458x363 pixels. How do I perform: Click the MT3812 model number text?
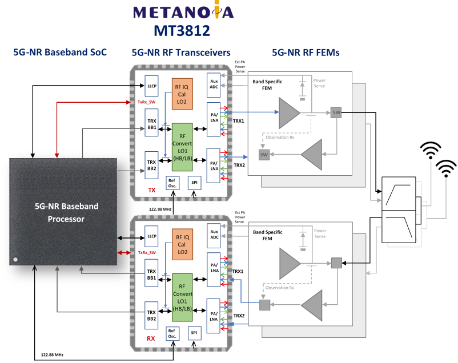coord(182,30)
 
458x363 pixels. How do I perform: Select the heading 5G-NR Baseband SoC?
coord(60,53)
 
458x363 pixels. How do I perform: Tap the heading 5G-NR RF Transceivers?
coord(180,53)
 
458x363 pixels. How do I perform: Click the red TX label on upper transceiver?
coord(151,188)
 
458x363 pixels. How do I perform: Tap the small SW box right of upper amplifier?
coord(336,113)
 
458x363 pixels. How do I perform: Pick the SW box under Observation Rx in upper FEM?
coord(264,155)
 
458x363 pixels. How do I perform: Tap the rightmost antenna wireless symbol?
coord(445,168)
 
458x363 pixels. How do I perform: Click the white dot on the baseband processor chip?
coord(16,259)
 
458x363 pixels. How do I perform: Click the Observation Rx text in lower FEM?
coord(280,288)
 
